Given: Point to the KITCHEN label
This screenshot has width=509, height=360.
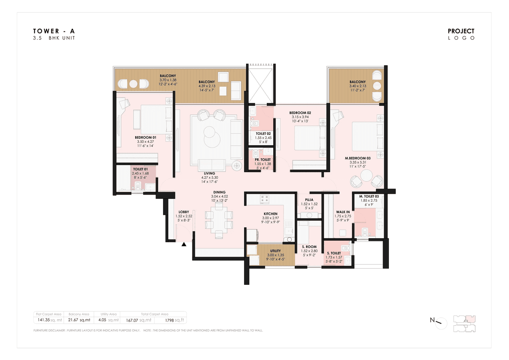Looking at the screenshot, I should point(270,214).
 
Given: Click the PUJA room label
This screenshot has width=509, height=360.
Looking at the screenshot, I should point(309,200).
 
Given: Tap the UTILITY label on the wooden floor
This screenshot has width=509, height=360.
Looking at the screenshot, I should point(275,251).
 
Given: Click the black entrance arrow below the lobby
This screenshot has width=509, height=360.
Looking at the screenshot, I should point(184,245).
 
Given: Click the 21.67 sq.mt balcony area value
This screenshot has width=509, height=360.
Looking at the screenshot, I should point(79,320).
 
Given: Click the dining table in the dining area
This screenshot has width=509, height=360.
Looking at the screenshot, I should point(219,220).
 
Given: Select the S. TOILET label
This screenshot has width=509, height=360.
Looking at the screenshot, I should point(334,253).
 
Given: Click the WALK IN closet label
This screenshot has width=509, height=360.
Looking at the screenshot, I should point(342,212).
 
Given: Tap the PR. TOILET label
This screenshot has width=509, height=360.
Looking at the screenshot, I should point(262,160).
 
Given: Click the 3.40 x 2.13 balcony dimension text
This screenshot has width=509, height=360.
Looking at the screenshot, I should point(357,86).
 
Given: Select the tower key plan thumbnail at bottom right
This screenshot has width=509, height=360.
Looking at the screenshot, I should point(464,323).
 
